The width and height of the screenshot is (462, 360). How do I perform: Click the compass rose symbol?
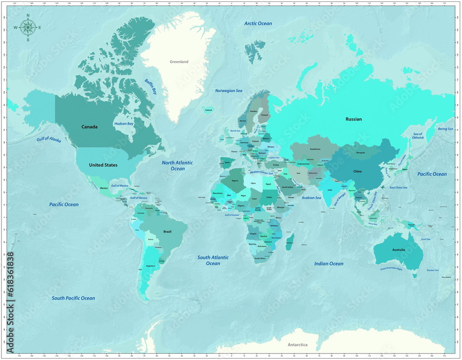[x=28, y=28]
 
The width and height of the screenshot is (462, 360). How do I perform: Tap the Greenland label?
[x=179, y=62]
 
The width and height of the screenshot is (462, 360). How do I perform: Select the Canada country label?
[x=90, y=127]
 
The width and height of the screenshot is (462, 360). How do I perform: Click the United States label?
[x=103, y=165]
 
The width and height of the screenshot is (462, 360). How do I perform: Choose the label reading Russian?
[x=353, y=119]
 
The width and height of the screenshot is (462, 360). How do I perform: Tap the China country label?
[x=358, y=171]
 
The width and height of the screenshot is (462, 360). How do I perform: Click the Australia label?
[x=398, y=250]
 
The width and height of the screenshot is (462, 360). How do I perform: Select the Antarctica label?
[x=298, y=345]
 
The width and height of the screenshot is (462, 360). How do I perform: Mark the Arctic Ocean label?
[x=258, y=24]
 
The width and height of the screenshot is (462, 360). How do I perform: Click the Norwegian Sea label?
[x=229, y=91]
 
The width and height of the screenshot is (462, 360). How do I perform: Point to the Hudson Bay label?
[x=124, y=124]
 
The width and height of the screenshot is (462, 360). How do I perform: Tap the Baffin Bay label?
[x=151, y=86]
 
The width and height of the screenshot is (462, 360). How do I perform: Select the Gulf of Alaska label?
[x=49, y=139]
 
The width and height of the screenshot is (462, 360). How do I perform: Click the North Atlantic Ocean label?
[x=177, y=166]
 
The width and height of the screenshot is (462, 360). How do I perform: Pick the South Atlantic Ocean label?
[x=213, y=260]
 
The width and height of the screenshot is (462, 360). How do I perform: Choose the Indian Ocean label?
[x=329, y=264]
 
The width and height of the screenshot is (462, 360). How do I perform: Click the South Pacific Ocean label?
[x=73, y=298]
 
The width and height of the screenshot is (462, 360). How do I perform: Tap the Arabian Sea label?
[x=311, y=198]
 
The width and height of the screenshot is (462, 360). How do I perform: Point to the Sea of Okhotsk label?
[x=418, y=136]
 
